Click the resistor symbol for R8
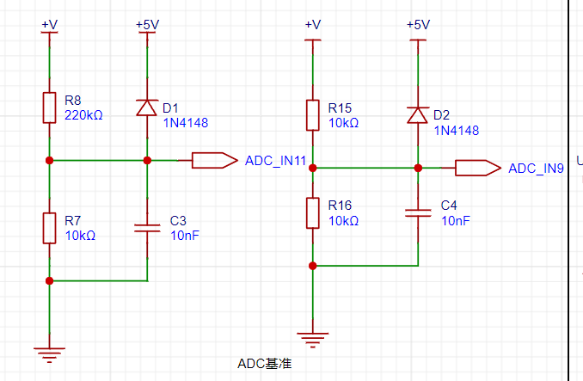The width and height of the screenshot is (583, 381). (x=50, y=108)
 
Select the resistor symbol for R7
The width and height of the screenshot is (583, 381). (x=50, y=228)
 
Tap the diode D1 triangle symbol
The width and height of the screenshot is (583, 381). (x=147, y=108)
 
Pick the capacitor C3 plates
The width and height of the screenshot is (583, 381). (x=147, y=228)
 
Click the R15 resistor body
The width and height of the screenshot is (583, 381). (x=313, y=115)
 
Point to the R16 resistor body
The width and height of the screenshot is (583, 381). (x=313, y=213)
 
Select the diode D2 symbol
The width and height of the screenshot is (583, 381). (x=418, y=115)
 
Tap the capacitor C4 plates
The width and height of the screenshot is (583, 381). (x=418, y=213)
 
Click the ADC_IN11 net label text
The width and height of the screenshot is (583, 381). (x=275, y=161)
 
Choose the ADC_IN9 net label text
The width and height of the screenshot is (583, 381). (x=537, y=169)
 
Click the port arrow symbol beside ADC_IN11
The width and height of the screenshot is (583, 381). (x=214, y=160)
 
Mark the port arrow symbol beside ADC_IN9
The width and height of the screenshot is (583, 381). (x=478, y=168)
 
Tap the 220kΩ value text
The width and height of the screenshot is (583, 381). (x=83, y=115)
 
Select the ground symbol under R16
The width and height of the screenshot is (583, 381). (x=313, y=340)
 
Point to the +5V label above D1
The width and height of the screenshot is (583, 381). (x=148, y=25)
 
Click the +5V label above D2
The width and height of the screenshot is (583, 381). (x=418, y=25)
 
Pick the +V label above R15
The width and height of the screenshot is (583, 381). (x=313, y=25)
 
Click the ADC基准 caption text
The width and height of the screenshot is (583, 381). (x=264, y=363)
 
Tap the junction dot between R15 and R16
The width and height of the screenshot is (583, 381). (x=313, y=168)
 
